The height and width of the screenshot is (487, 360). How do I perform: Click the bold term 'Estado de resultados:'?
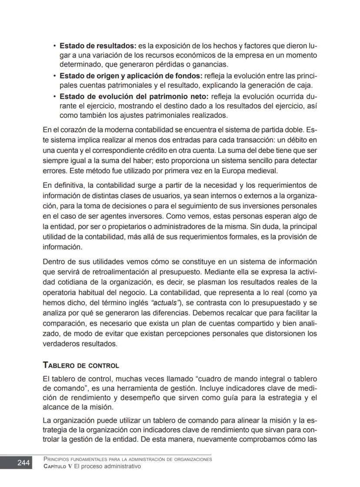click(98, 45)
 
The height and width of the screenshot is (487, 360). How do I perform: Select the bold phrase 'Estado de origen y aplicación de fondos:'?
click(131, 76)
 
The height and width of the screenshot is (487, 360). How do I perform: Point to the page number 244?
click(23, 463)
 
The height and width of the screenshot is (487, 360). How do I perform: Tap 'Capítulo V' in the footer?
click(59, 466)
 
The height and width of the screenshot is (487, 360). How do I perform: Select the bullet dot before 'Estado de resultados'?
click(54, 46)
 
